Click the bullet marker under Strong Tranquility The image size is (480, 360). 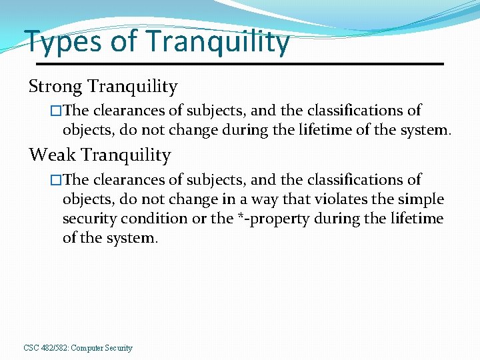pos(56,110)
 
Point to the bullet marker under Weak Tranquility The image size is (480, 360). pos(56,179)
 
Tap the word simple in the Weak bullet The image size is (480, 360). pos(421,199)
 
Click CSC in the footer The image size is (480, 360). pos(31,348)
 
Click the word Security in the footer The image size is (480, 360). pos(119,348)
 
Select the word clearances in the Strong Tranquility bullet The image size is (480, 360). pos(127,110)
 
